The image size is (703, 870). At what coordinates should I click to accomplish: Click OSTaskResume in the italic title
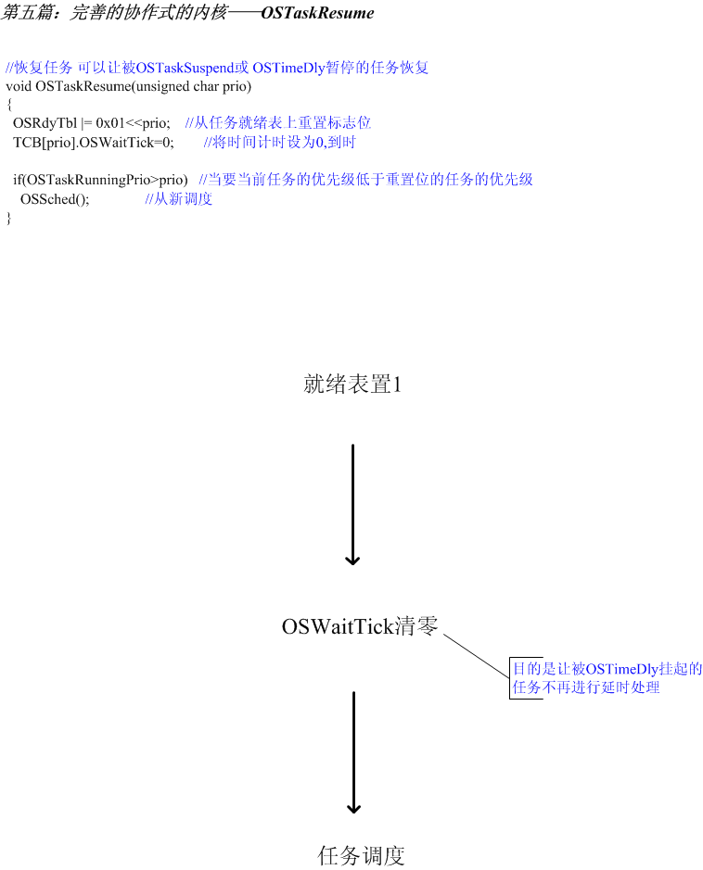(317, 13)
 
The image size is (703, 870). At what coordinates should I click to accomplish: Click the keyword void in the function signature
(19, 86)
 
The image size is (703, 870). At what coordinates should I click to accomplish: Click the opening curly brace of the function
(9, 105)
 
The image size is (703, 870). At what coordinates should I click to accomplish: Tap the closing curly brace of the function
(9, 218)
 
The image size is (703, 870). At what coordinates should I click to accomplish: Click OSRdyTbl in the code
(45, 123)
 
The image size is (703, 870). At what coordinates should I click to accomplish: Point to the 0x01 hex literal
(110, 123)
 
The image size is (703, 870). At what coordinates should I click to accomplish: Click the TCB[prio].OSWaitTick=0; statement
(94, 143)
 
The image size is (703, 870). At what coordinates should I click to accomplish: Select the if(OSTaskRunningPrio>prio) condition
(100, 180)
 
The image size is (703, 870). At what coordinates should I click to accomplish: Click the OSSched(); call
(55, 199)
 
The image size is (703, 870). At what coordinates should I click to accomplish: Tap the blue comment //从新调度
(179, 198)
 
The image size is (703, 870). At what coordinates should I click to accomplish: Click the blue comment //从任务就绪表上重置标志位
(277, 122)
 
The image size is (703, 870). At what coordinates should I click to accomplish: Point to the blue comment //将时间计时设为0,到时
(280, 143)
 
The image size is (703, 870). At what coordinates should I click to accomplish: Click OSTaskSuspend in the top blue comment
(185, 69)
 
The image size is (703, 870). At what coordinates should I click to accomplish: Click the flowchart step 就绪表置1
(352, 384)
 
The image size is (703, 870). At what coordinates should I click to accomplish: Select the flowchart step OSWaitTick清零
(360, 626)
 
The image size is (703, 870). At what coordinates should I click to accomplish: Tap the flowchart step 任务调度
(361, 855)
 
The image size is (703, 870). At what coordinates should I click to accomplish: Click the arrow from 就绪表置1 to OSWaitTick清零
(352, 504)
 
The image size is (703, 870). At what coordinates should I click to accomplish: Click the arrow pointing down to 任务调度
(353, 752)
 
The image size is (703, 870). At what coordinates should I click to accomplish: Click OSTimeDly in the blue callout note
(622, 669)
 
